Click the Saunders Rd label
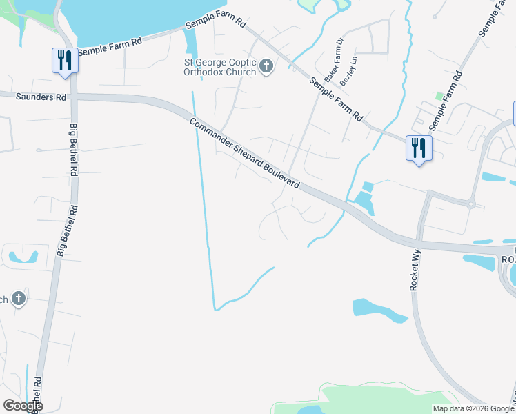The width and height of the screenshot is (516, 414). point(37,97)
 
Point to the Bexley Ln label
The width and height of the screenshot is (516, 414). point(353,70)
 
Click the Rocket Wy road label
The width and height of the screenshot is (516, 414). point(415,269)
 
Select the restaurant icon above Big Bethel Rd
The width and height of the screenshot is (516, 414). point(65,60)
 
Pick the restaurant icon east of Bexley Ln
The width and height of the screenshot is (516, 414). point(419,148)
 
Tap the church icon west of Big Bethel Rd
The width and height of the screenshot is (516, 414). point(19,299)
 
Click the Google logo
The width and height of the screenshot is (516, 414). point(23,406)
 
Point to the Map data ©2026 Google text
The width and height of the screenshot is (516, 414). point(473,408)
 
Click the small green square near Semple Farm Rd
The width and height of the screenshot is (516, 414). point(437,95)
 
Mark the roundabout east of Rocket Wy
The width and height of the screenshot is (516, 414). point(471,204)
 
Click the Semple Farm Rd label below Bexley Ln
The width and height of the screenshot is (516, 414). point(336,99)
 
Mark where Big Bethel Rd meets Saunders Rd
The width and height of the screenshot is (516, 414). point(73,97)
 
